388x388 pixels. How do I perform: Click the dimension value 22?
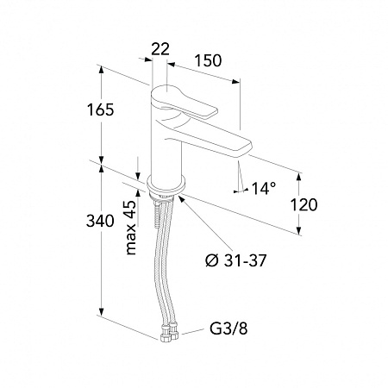click(160, 49)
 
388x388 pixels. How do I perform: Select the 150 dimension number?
click(208, 60)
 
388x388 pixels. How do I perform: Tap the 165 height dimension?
click(101, 110)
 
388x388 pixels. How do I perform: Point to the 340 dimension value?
click(100, 221)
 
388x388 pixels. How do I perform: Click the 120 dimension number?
click(304, 205)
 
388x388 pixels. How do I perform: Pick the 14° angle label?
click(264, 189)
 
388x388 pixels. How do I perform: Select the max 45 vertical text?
click(131, 228)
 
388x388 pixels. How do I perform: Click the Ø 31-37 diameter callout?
click(236, 260)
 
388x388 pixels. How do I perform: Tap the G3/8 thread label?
click(228, 329)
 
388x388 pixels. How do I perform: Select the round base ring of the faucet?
click(166, 185)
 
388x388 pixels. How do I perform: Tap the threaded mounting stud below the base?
click(157, 214)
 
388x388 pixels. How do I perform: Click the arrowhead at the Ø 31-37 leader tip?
click(182, 198)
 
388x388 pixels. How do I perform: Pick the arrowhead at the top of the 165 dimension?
click(101, 69)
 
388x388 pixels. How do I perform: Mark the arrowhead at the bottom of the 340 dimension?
click(101, 311)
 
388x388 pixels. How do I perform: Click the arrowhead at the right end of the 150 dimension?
click(236, 82)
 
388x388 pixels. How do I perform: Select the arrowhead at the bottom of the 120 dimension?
click(299, 231)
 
